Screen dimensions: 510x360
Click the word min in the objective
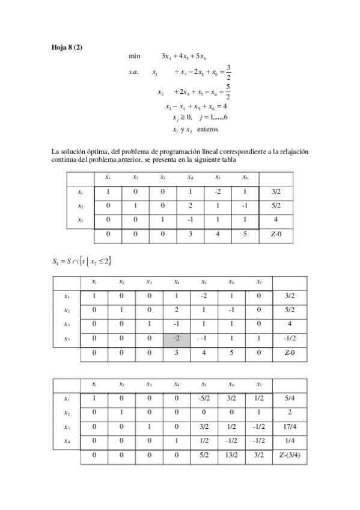point(135,56)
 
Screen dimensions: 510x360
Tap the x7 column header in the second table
point(258,281)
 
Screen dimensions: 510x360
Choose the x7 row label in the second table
point(67,339)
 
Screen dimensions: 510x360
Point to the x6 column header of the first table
point(245,177)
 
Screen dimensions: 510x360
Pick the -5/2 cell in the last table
point(204,398)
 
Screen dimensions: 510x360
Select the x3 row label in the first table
point(81,220)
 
